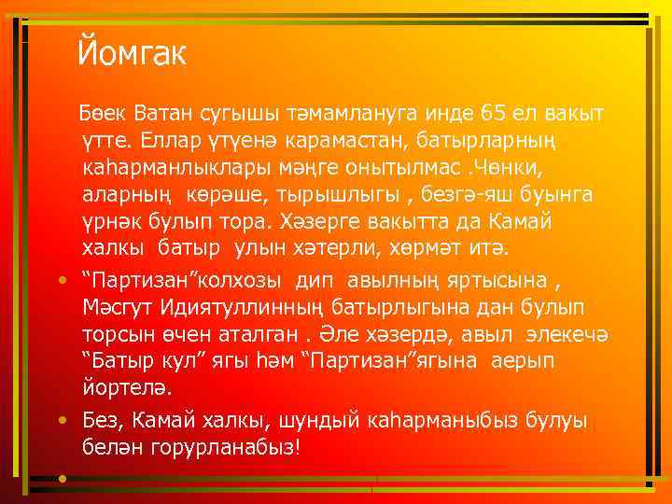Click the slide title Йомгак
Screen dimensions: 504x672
133,52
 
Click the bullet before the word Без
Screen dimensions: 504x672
61,420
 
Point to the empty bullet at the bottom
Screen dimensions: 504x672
61,478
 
